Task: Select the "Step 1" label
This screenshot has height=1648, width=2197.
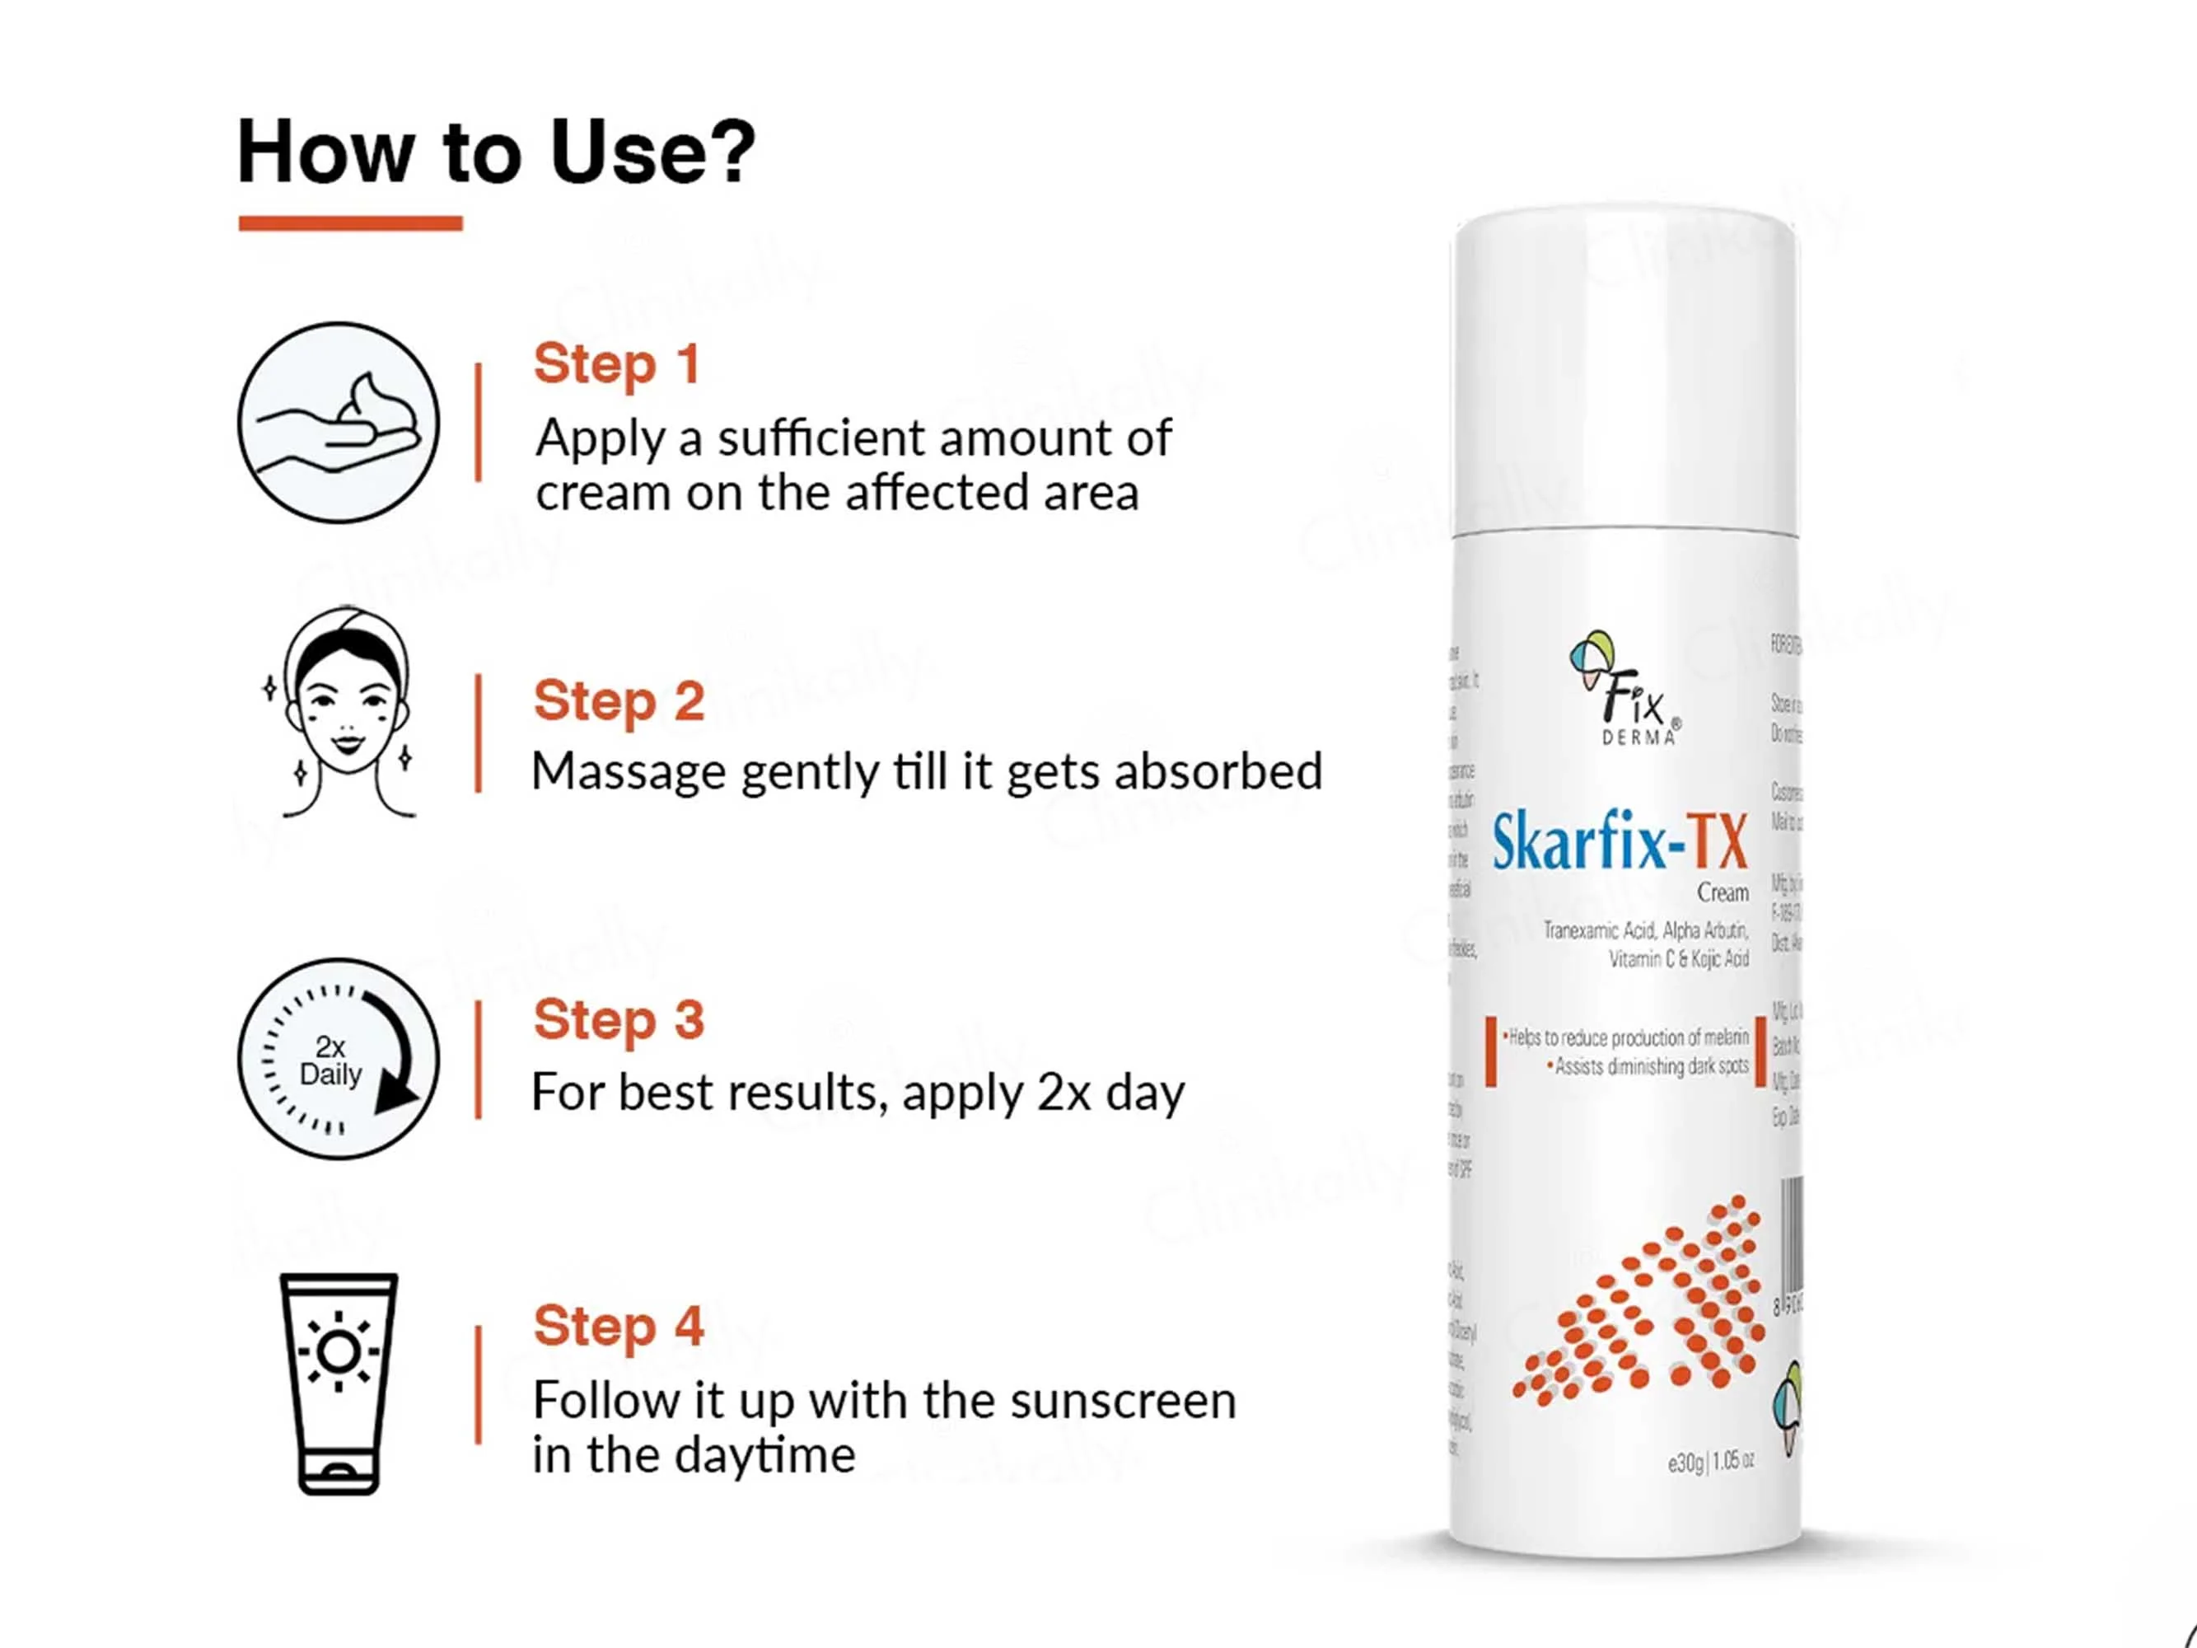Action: click(x=617, y=363)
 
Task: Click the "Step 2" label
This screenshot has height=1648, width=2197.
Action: click(x=619, y=700)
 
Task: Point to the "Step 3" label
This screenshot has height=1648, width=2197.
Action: click(x=619, y=1019)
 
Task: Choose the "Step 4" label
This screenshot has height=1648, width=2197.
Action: click(x=619, y=1325)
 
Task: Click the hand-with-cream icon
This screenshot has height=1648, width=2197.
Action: click(x=338, y=422)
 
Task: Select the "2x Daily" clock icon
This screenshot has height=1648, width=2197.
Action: click(x=338, y=1059)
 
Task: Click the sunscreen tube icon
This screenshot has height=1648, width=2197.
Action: click(x=339, y=1383)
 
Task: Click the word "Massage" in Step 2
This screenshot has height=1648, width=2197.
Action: click(x=629, y=773)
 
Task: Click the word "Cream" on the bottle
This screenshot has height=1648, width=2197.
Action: click(x=1723, y=893)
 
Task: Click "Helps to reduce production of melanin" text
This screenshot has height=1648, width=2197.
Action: click(x=1628, y=1038)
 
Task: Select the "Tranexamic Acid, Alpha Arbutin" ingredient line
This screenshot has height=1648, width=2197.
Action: click(x=1645, y=931)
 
